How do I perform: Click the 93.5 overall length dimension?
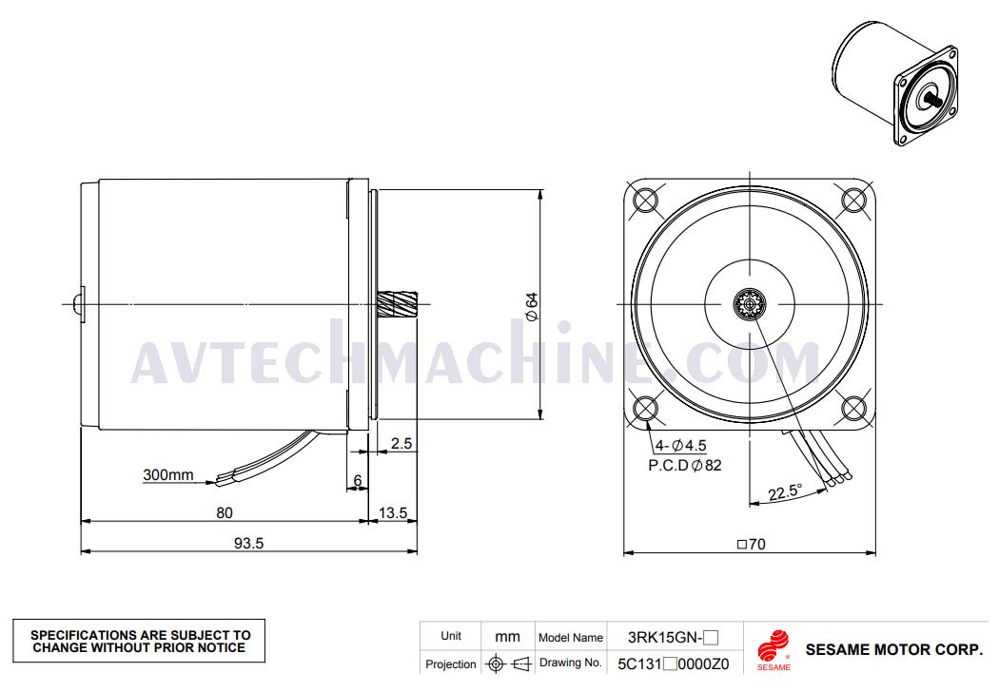pos(248,543)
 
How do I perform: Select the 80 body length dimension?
pos(225,512)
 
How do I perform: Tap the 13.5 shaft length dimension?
pos(392,512)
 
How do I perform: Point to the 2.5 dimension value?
pos(402,443)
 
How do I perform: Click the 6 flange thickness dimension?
pos(358,481)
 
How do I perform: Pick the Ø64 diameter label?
pos(531,306)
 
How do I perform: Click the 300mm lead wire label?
pos(168,474)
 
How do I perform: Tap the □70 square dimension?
pos(752,545)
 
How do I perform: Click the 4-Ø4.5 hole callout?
pos(680,446)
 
